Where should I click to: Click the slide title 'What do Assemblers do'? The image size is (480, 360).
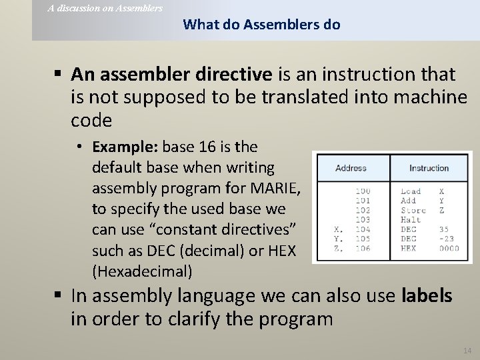(x=261, y=25)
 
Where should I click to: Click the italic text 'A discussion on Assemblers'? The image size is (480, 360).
(x=105, y=8)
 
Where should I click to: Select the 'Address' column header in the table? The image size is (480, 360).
(x=351, y=168)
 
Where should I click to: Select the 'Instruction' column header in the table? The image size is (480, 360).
(x=429, y=168)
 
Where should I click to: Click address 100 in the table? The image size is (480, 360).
(x=363, y=191)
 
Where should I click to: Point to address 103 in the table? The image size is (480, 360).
(x=363, y=219)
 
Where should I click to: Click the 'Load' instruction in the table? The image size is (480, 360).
(x=411, y=191)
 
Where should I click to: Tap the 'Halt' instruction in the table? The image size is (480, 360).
(x=411, y=219)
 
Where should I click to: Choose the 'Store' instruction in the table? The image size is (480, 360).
(x=413, y=209)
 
